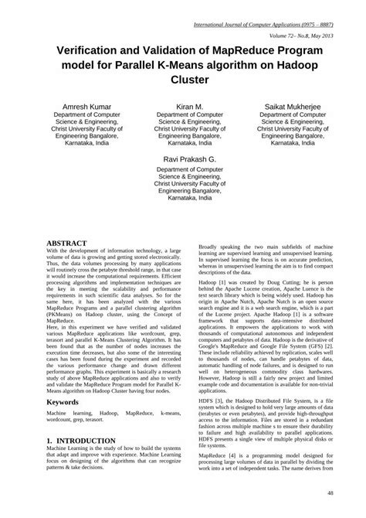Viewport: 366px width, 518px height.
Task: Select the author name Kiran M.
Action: click(x=189, y=105)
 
